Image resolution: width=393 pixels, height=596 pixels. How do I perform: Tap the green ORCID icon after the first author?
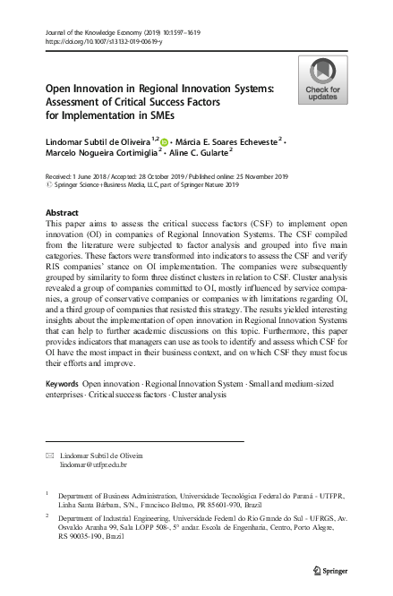point(164,140)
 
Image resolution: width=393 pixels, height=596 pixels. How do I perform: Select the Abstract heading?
point(61,212)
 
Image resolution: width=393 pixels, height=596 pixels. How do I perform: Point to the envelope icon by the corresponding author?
point(48,456)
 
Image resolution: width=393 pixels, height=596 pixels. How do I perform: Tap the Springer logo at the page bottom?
point(330,569)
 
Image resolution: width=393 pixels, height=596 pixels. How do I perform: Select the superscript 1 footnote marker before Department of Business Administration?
point(46,492)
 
